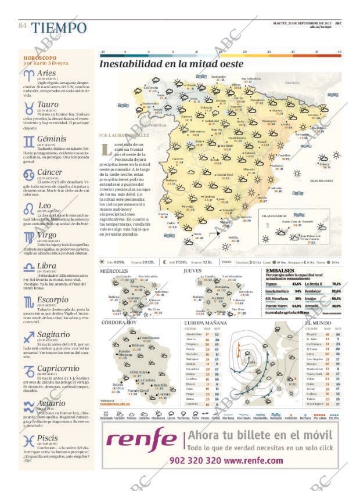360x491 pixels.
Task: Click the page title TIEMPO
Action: (x=59, y=27)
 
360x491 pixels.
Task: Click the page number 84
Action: (x=23, y=26)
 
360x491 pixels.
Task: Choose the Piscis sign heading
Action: (x=48, y=437)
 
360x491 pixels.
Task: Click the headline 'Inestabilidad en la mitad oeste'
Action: (x=171, y=64)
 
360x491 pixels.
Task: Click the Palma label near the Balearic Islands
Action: (x=324, y=164)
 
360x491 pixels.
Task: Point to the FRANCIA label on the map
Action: (x=292, y=83)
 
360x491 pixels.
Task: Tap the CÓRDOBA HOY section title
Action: (x=119, y=322)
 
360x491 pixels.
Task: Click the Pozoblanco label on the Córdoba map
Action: (x=149, y=337)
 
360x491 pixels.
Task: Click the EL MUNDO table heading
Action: (x=318, y=322)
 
